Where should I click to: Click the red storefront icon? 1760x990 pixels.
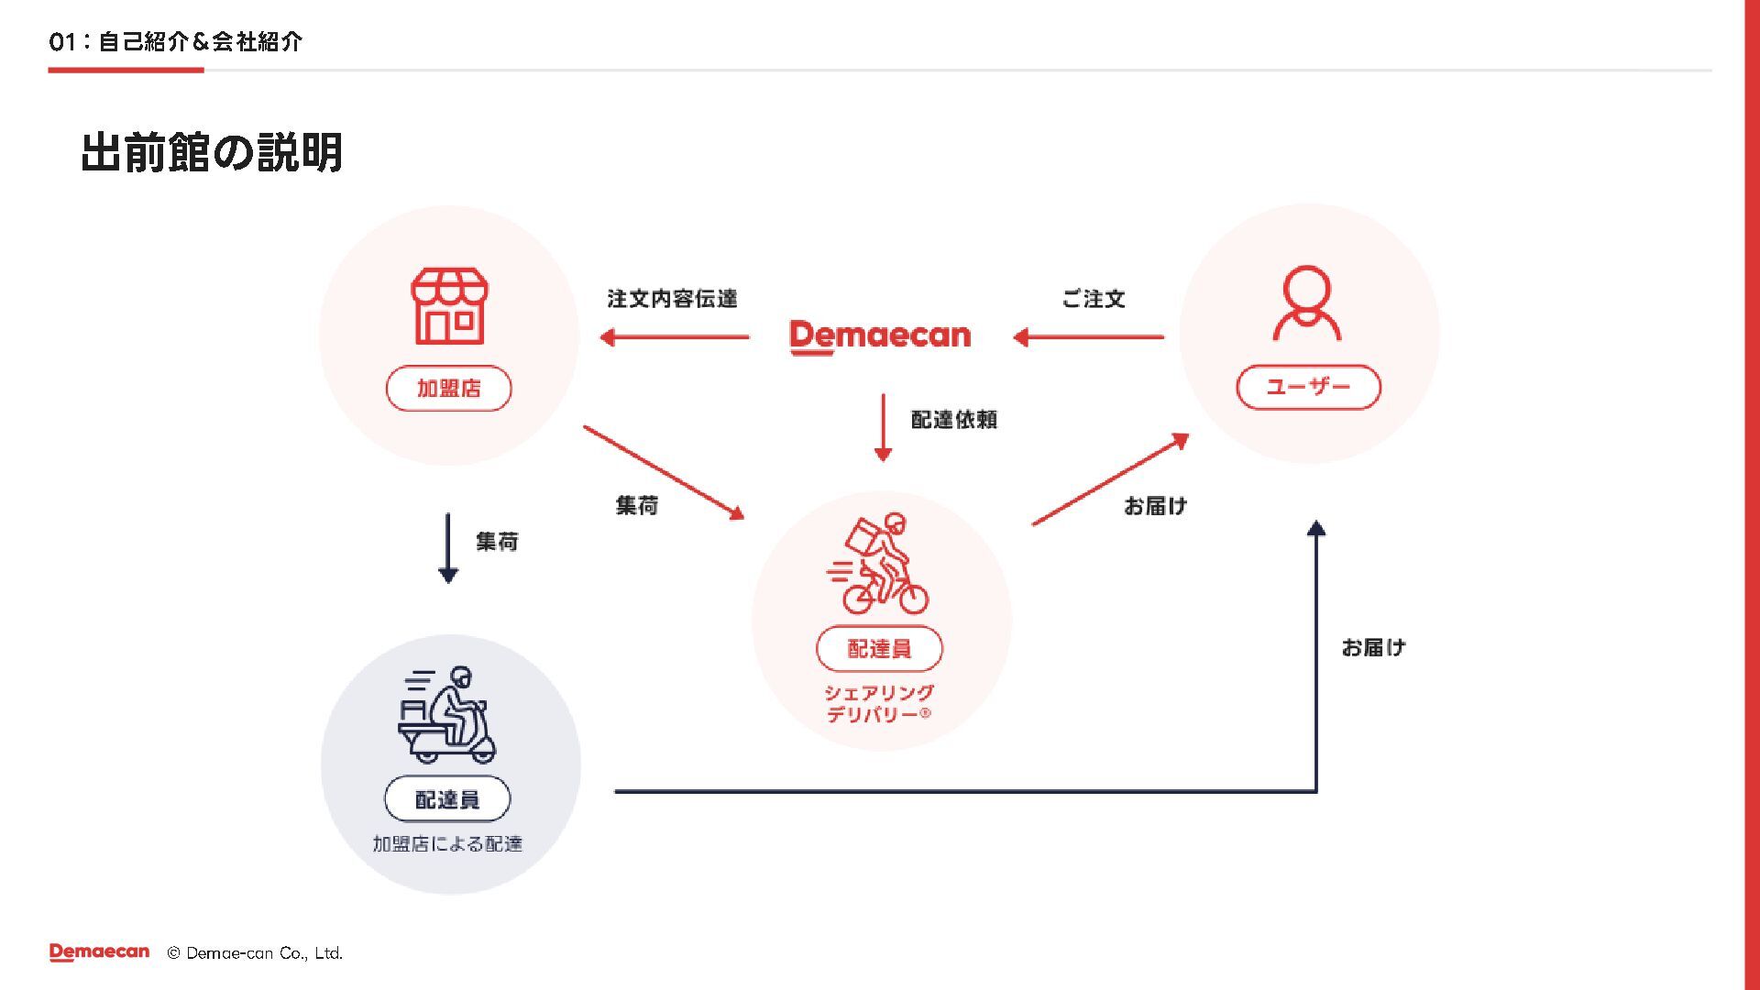[448, 306]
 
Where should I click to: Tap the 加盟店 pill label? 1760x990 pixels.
[448, 389]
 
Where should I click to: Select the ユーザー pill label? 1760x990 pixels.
[1308, 387]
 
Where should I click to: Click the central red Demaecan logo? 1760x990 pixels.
[879, 335]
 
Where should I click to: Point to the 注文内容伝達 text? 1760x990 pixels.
[672, 299]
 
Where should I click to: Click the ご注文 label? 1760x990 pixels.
[1093, 299]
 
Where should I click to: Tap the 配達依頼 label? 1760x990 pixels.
[953, 420]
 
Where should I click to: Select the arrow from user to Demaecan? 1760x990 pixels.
[1088, 337]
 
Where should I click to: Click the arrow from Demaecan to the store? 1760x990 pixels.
[675, 337]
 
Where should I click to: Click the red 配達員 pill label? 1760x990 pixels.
[879, 649]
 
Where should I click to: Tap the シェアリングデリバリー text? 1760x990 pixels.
[879, 704]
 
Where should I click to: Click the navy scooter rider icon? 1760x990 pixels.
[447, 714]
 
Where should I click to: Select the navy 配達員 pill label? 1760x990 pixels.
[447, 799]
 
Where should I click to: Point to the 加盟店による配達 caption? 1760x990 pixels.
[447, 844]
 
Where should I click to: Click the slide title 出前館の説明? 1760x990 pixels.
[212, 152]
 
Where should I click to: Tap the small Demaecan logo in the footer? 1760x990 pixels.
[99, 952]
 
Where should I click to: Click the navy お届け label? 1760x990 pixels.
[1373, 648]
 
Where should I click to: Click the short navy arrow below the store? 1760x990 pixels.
[448, 548]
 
